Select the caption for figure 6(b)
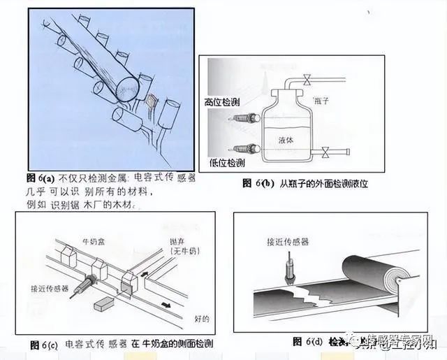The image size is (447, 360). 305,183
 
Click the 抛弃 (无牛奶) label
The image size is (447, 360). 183,246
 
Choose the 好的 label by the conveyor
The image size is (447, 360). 202,318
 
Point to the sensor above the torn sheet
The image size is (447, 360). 290,270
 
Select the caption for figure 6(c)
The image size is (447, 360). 122,344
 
